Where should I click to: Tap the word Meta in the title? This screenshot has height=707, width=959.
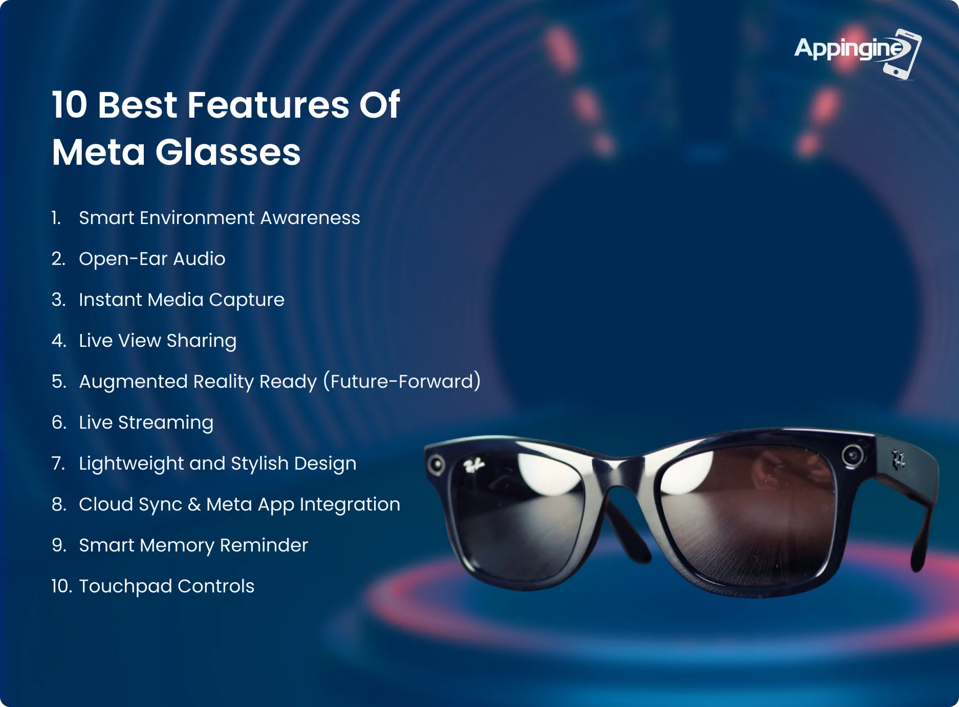[x=99, y=152]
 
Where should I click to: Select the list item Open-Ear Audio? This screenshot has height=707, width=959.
[x=152, y=259]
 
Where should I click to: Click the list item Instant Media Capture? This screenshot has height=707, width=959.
[x=182, y=300]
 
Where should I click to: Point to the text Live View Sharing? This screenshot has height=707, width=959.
[x=158, y=341]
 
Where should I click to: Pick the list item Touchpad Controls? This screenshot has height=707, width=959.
[x=166, y=586]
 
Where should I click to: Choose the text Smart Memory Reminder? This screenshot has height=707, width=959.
[x=193, y=545]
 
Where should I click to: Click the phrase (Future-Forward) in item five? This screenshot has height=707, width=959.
[x=402, y=382]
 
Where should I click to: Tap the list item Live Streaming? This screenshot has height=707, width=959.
[x=146, y=423]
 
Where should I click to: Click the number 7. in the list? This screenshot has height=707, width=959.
[x=58, y=463]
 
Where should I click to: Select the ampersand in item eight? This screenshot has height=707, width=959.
[x=194, y=504]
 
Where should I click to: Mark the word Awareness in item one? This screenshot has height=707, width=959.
[x=310, y=218]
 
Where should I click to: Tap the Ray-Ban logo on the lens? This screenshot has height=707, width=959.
[x=473, y=466]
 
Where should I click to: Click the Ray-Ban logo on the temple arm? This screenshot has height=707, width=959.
[x=899, y=459]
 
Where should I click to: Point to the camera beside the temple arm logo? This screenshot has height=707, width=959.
[x=853, y=455]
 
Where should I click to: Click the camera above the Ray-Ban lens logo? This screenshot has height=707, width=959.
[x=437, y=465]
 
